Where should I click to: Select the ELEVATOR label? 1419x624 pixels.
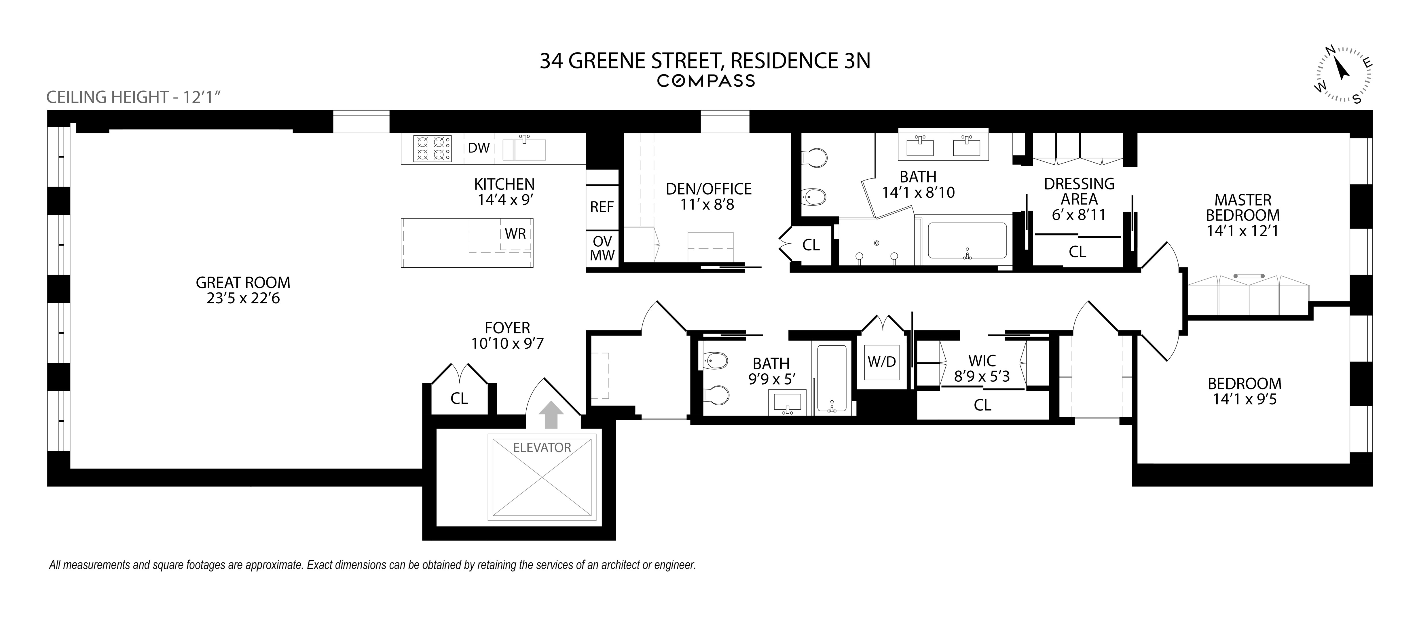tap(542, 448)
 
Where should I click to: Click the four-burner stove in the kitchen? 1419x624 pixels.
tap(432, 148)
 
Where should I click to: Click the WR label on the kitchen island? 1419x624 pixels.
tap(515, 233)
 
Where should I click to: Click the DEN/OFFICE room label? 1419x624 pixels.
tap(708, 189)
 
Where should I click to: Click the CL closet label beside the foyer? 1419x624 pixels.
tap(459, 398)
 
